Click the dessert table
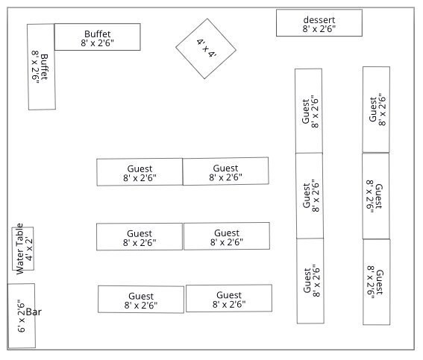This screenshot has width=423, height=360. (x=319, y=23)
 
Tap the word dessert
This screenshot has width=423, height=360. (x=319, y=19)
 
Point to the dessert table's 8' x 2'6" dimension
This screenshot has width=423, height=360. (x=319, y=28)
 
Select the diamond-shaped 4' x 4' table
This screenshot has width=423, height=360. (x=206, y=48)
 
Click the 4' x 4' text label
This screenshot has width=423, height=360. (x=207, y=48)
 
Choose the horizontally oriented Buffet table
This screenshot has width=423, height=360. (x=98, y=37)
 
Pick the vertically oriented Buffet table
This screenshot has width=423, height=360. (x=41, y=67)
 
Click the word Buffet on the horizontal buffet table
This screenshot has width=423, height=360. (x=98, y=34)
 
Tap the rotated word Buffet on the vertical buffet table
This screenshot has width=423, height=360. (x=44, y=67)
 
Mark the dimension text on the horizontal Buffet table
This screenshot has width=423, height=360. (x=98, y=42)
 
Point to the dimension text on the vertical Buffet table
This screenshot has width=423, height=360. (x=35, y=67)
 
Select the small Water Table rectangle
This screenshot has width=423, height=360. (x=23, y=248)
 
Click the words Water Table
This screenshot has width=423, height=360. (x=20, y=249)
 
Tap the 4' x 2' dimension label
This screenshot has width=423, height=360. (x=28, y=249)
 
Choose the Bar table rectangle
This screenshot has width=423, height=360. (x=22, y=316)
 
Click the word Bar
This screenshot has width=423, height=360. (x=34, y=312)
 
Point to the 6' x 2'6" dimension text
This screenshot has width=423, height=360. (x=21, y=316)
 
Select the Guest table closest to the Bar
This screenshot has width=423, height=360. (x=141, y=300)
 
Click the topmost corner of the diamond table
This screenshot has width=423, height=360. (x=207, y=19)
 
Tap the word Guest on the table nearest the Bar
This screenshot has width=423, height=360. (x=141, y=296)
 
